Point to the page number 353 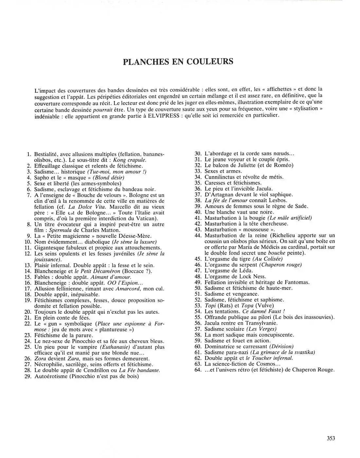coord(331,438)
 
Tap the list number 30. coord(198,153)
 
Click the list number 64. coord(198,370)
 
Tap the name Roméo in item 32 coord(284,165)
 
